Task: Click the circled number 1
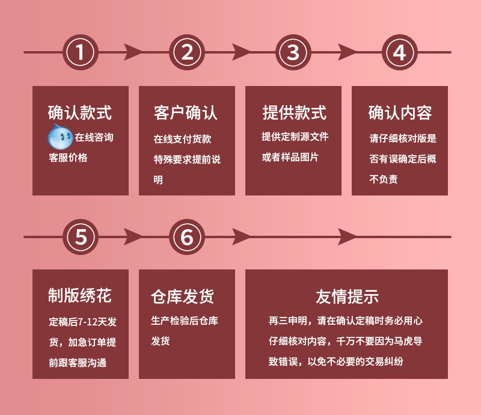tap(81, 52)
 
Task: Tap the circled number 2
tap(187, 52)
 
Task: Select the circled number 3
tap(293, 52)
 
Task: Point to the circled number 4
tap(400, 52)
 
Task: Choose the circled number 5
tap(81, 237)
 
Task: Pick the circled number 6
tap(187, 237)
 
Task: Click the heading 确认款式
tap(80, 112)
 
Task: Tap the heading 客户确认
tap(186, 112)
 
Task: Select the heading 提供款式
tap(294, 112)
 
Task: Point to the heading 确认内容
tap(400, 112)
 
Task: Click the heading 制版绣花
tap(80, 295)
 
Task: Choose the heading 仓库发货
tap(182, 296)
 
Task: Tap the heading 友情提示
tap(346, 296)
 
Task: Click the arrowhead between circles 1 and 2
tap(133, 52)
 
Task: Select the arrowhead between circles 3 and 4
tap(347, 52)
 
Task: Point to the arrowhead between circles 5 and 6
tap(133, 237)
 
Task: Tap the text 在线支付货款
tap(182, 139)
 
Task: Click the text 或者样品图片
tap(290, 158)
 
